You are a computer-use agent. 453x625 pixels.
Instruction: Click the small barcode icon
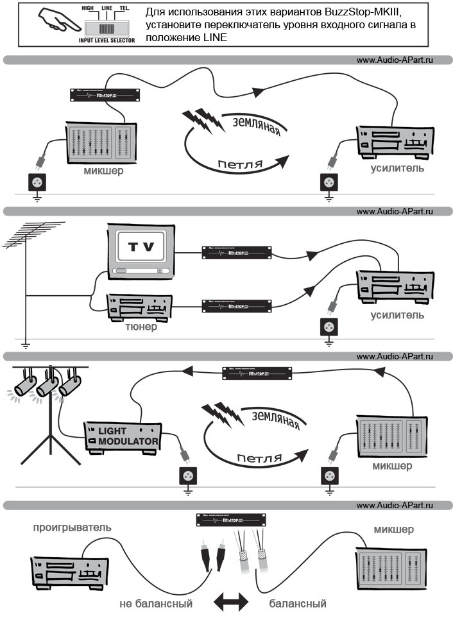pos(106,29)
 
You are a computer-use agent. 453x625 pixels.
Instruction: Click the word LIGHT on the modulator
pos(113,431)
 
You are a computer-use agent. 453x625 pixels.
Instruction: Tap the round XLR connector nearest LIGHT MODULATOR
pos(189,476)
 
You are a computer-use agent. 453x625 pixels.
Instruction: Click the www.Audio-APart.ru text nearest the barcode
pos(395,60)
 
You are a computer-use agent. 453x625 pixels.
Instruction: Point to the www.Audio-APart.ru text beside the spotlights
pos(395,357)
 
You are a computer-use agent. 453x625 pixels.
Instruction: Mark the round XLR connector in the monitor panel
pos(330,326)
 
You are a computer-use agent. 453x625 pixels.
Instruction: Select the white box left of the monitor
pos(58,286)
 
